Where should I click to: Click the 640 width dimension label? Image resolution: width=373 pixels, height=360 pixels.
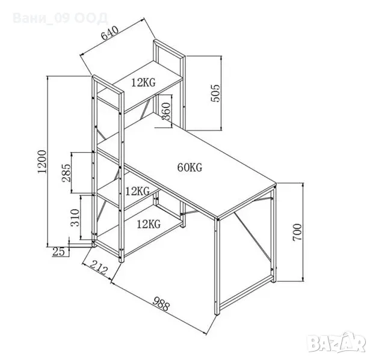coord(110,32)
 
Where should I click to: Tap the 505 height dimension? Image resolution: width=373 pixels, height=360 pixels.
coord(216,93)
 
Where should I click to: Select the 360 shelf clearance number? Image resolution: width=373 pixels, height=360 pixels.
coord(166,111)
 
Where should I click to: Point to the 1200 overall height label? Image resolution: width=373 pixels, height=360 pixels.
coord(42,162)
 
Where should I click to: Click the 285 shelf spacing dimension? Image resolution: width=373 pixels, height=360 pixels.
coord(66,172)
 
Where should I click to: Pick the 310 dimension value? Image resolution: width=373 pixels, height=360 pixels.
coord(75,218)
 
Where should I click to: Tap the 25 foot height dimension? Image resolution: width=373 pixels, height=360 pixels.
coord(58,252)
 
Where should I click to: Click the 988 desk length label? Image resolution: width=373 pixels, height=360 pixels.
coord(161,304)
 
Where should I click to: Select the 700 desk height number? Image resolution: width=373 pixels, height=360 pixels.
coord(297,232)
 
